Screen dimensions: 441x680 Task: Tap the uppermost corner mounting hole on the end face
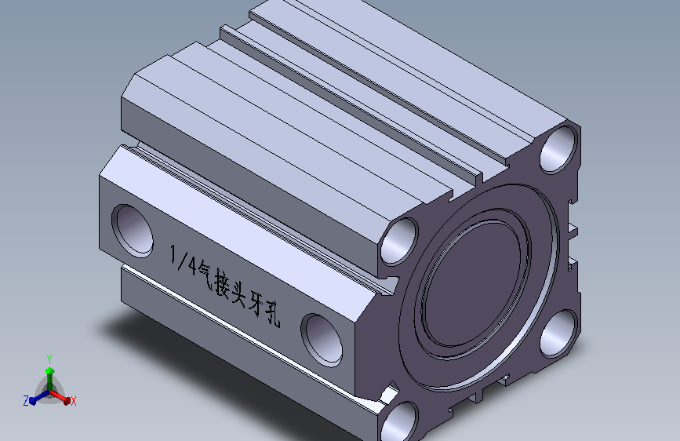[561, 148]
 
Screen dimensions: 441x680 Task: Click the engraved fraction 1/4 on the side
[182, 260]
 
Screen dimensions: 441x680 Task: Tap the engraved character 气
[202, 272]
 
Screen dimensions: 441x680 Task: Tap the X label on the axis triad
[73, 402]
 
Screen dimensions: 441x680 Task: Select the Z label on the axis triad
[26, 401]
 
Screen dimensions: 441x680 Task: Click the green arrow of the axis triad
[49, 372]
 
